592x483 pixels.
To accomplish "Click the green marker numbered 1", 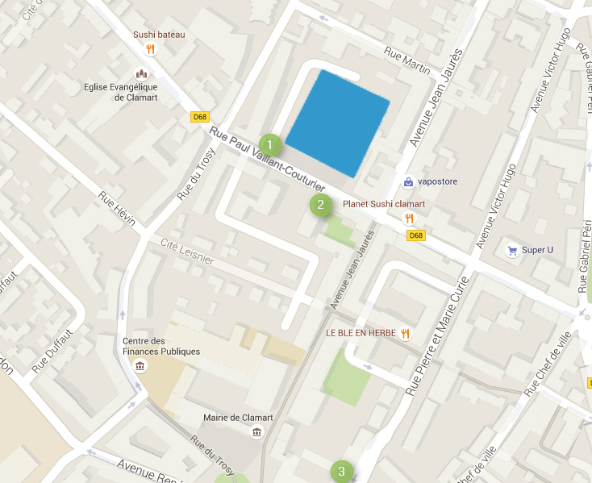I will (270, 145).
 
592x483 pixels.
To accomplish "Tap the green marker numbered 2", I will (321, 204).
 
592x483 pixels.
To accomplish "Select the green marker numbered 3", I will (341, 471).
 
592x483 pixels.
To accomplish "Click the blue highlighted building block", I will (338, 123).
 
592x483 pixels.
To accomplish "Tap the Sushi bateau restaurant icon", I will (150, 49).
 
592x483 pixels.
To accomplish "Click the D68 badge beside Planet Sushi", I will (415, 235).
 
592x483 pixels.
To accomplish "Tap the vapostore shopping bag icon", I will (409, 181).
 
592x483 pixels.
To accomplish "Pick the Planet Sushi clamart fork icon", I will (409, 219).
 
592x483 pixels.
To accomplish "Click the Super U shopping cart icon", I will (511, 250).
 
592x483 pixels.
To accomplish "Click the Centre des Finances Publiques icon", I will (140, 367).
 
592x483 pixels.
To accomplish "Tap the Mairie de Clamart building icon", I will (256, 432).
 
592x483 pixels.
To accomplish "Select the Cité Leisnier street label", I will (186, 250).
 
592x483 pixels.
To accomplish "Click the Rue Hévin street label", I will (116, 208).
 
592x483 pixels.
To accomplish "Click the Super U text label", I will (538, 250).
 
